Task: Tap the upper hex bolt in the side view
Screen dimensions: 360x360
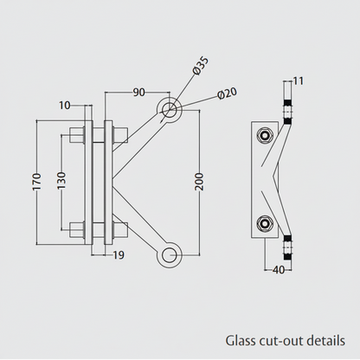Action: click(x=263, y=135)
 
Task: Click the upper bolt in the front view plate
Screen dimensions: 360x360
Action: click(x=98, y=134)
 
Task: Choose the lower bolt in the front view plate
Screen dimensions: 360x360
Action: click(x=98, y=230)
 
